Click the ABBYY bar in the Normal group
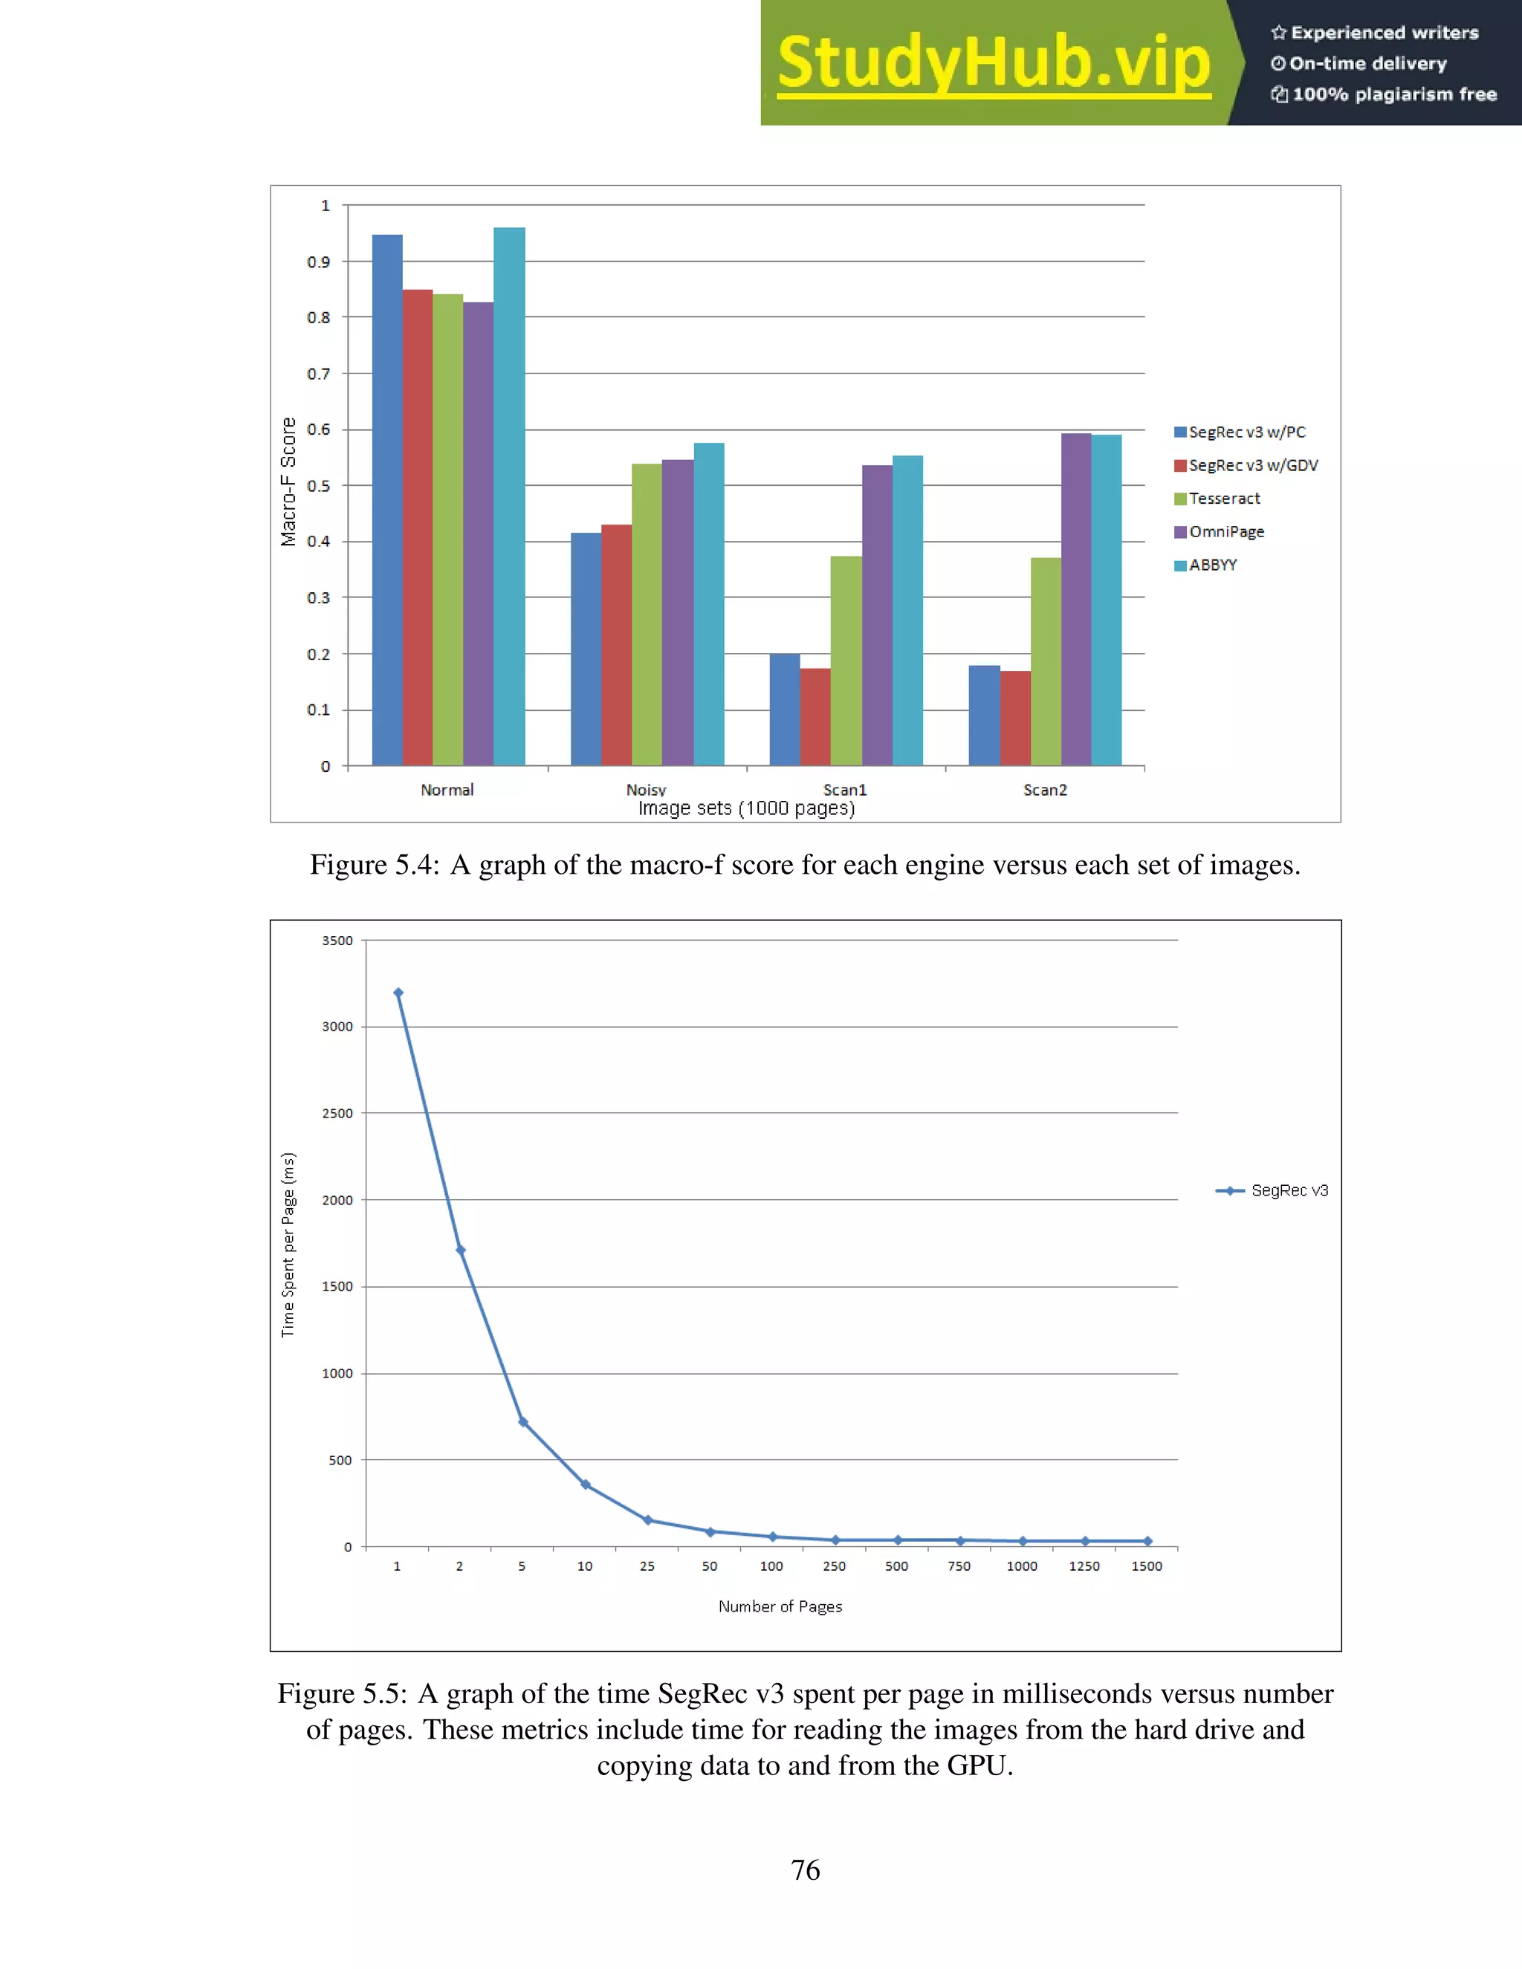tap(509, 496)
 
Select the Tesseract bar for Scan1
tap(846, 661)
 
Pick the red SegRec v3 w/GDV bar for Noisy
tap(616, 645)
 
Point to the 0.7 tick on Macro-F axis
tap(318, 373)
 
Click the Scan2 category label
tap(1045, 790)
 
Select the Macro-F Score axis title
tap(288, 481)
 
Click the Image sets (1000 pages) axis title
tap(747, 808)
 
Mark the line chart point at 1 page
tap(398, 993)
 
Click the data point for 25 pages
tap(647, 1520)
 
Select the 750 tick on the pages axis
tap(959, 1566)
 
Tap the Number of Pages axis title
tap(780, 1606)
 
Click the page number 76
tap(805, 1870)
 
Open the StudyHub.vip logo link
tap(994, 63)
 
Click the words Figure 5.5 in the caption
tap(342, 1694)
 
